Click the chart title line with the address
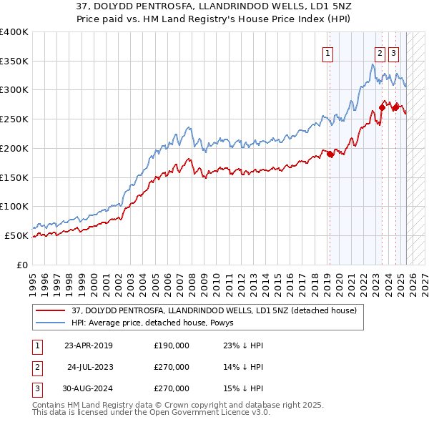pyautogui.click(x=214, y=6)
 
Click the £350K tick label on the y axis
pyautogui.click(x=14, y=61)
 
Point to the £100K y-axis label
pyautogui.click(x=14, y=206)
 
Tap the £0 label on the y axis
pyautogui.click(x=21, y=264)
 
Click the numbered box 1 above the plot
pyautogui.click(x=327, y=52)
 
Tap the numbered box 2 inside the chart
pyautogui.click(x=379, y=52)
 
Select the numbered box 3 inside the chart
pyautogui.click(x=394, y=52)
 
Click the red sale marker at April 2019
pyautogui.click(x=330, y=154)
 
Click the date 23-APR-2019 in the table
pyautogui.click(x=89, y=345)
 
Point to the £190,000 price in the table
pyautogui.click(x=172, y=345)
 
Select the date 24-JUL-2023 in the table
pyautogui.click(x=89, y=367)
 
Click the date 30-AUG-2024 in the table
pyautogui.click(x=89, y=388)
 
